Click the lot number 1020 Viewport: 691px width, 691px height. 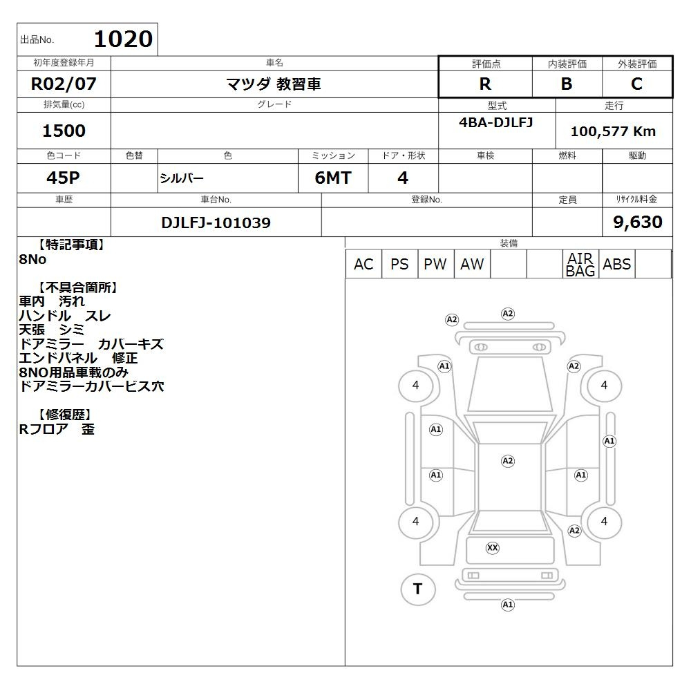point(124,39)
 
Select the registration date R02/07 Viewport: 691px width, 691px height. point(64,84)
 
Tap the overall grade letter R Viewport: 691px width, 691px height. point(485,84)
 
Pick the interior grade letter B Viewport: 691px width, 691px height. point(567,84)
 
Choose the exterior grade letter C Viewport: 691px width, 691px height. point(636,84)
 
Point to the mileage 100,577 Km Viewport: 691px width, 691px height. point(613,131)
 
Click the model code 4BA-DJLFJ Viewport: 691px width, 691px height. point(495,122)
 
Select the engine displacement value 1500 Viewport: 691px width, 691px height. point(64,131)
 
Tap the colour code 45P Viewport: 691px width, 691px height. point(63,178)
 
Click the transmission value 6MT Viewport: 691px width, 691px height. point(333,178)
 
